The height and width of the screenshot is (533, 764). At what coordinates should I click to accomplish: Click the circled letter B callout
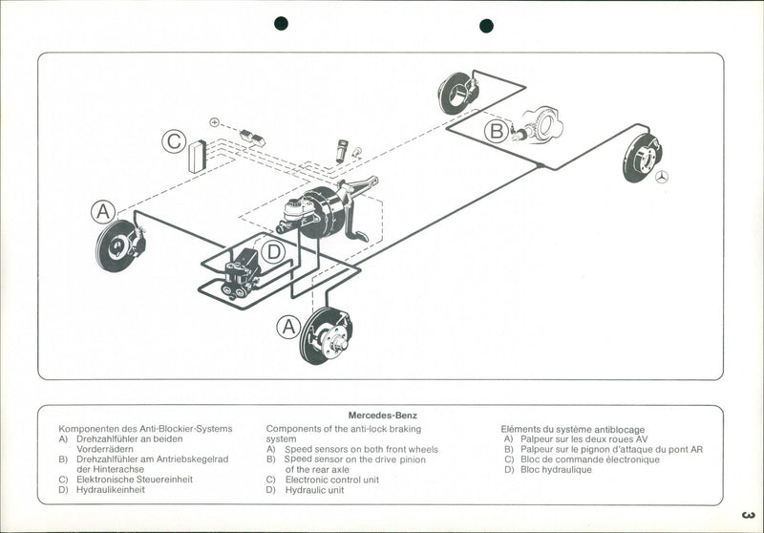point(497,132)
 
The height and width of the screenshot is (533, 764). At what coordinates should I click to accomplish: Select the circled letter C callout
point(174,142)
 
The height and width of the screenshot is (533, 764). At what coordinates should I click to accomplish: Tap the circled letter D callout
point(273,252)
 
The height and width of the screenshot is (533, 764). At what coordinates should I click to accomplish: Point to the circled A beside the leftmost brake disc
point(103,212)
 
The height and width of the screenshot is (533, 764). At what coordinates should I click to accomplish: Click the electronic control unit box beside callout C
point(198,156)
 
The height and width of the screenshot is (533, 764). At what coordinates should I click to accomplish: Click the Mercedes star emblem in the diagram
point(662,177)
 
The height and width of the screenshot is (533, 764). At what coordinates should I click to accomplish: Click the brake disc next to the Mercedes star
point(642,158)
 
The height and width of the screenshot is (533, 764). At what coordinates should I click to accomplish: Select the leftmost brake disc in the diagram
point(119,245)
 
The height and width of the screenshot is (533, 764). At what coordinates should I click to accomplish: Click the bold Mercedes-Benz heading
point(382,416)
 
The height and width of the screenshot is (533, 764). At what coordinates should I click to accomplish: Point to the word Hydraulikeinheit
point(110,490)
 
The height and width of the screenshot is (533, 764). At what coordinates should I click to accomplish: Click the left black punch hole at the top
point(281,24)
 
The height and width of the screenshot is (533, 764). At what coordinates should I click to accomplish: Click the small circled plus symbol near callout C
point(215,122)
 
